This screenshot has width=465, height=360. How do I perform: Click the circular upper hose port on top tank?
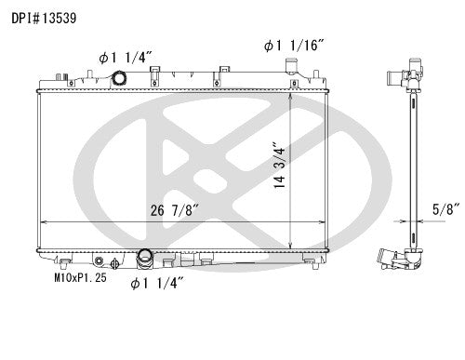coord(120,79)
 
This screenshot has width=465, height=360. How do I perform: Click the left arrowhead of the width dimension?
coord(41,222)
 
